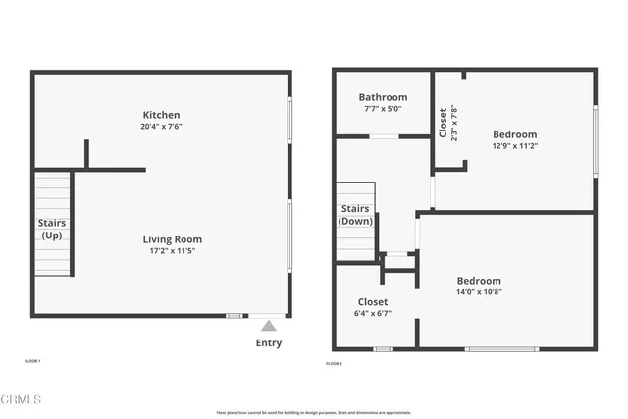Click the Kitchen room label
tap(162, 115)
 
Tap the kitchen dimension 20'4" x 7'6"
tap(162, 127)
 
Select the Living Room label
tap(172, 239)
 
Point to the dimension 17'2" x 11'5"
tap(172, 251)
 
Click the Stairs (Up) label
tap(52, 229)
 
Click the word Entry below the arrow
tap(268, 342)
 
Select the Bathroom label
tap(383, 97)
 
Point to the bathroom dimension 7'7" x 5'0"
tap(383, 109)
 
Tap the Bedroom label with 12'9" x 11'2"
tap(514, 134)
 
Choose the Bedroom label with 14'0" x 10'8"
tap(478, 281)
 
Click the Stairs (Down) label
tap(355, 215)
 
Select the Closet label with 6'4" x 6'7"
tap(372, 302)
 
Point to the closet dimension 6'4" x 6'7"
tap(372, 314)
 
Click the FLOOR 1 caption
tap(32, 361)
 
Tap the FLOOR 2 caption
tap(334, 364)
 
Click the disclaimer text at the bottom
tap(313, 413)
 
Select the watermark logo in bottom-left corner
tap(22, 399)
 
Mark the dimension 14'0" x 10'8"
tap(478, 292)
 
